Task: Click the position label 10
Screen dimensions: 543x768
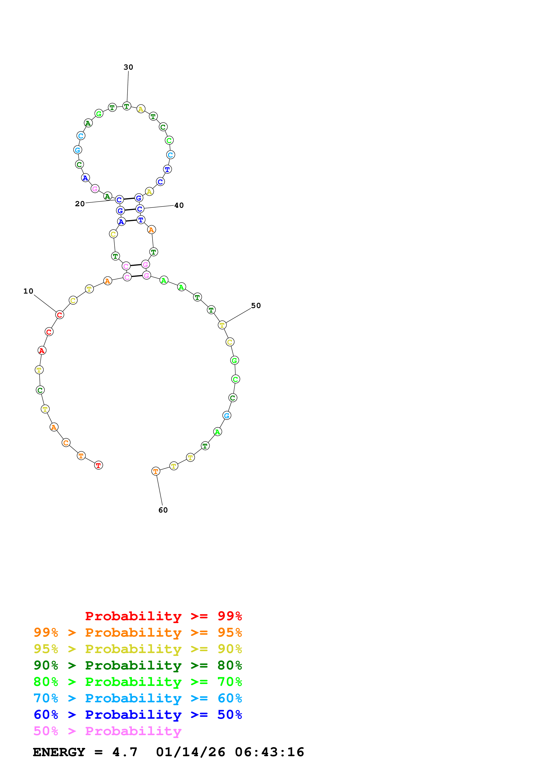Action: pos(28,291)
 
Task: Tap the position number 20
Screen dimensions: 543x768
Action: pos(80,204)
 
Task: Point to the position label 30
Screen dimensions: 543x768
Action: pos(128,67)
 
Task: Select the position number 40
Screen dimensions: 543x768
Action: pos(179,205)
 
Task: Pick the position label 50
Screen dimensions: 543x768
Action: pos(256,305)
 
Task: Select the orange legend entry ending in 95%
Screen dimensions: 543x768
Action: pos(138,632)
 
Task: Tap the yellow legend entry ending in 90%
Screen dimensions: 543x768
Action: pos(138,649)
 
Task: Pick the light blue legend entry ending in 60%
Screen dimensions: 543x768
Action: pos(138,698)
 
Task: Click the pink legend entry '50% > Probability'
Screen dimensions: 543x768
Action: pos(107,731)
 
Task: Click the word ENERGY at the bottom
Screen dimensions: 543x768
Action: pos(59,752)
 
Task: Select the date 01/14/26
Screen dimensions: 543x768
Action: pos(190,752)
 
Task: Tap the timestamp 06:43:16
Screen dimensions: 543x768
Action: pos(269,752)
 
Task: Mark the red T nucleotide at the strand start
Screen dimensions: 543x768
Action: pos(98,465)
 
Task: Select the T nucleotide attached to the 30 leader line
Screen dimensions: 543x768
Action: pos(126,106)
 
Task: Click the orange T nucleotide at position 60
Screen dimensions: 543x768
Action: pos(156,471)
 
